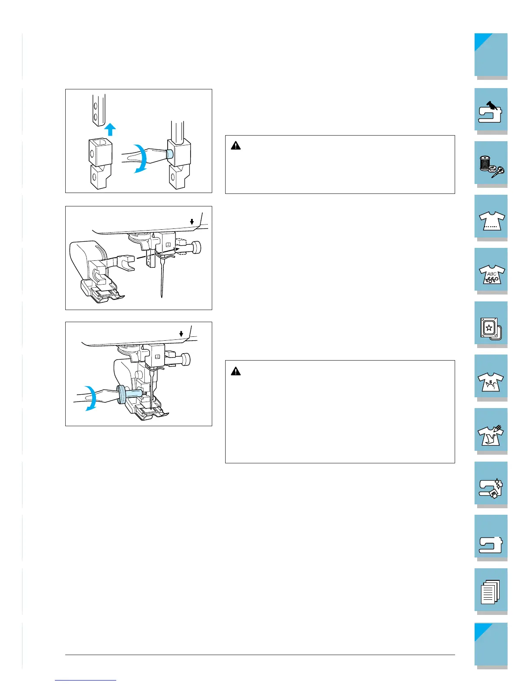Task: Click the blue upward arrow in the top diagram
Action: coord(110,130)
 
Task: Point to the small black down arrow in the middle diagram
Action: coord(191,222)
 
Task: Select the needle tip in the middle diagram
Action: coord(162,296)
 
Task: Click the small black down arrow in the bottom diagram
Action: coord(181,334)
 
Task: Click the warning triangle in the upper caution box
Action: coord(236,146)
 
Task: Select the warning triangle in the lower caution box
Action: coord(236,371)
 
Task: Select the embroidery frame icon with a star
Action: coord(491,329)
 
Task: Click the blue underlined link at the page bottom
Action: coord(86,680)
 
